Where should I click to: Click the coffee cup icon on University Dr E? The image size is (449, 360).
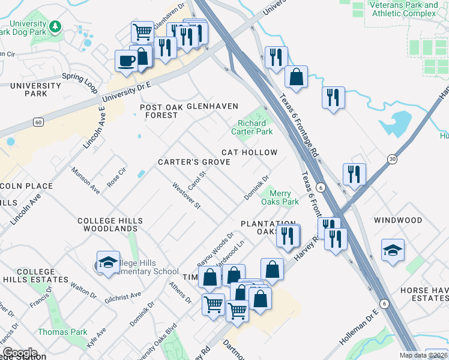point(127,61)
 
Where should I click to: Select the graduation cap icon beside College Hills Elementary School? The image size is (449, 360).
point(108,262)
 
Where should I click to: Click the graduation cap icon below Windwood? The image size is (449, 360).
point(393,250)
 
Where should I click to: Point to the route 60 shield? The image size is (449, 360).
point(38,122)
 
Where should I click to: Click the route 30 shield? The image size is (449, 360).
point(393,158)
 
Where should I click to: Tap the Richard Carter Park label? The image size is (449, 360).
point(255,127)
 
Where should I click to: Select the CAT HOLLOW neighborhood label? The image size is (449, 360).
point(249,152)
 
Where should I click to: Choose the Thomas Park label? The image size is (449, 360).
point(62,332)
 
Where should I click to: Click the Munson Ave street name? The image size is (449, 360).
point(85,181)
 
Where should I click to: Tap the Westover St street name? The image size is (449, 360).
point(186,196)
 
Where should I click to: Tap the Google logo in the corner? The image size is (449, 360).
point(20,352)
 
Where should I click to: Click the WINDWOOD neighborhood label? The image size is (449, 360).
point(398,220)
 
